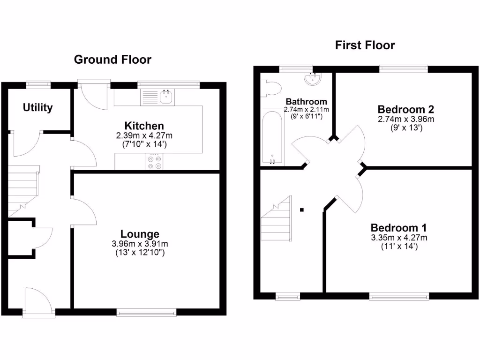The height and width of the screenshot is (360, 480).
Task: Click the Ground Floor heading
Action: [x=112, y=60]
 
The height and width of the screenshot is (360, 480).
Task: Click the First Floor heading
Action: [x=365, y=45]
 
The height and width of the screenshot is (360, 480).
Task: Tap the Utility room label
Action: [x=38, y=108]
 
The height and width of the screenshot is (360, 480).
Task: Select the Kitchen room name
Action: [x=144, y=126]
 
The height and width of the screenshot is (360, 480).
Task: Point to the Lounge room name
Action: [x=140, y=234]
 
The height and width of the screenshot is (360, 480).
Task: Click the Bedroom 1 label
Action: [x=398, y=228]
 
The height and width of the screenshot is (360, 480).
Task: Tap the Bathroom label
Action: [x=306, y=101]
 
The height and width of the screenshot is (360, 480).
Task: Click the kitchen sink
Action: [x=166, y=97]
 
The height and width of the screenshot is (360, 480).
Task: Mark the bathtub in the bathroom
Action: [x=272, y=138]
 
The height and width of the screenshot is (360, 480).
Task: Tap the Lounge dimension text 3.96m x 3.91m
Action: [x=140, y=244]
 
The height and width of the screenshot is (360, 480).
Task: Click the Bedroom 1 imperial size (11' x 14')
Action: [x=398, y=246]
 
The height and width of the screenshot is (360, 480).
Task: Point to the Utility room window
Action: [x=38, y=84]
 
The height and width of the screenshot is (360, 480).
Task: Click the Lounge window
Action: [x=147, y=312]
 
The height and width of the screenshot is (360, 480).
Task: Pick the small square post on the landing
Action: [x=302, y=210]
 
